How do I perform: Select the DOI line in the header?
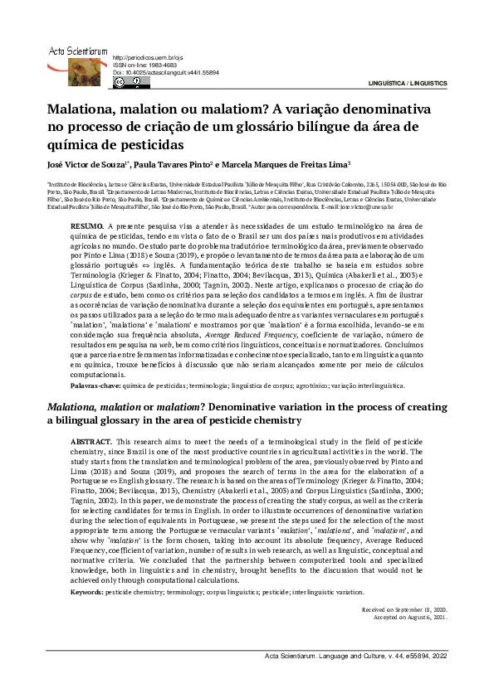tap(165, 73)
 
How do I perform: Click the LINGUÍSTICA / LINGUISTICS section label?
tap(408, 84)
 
